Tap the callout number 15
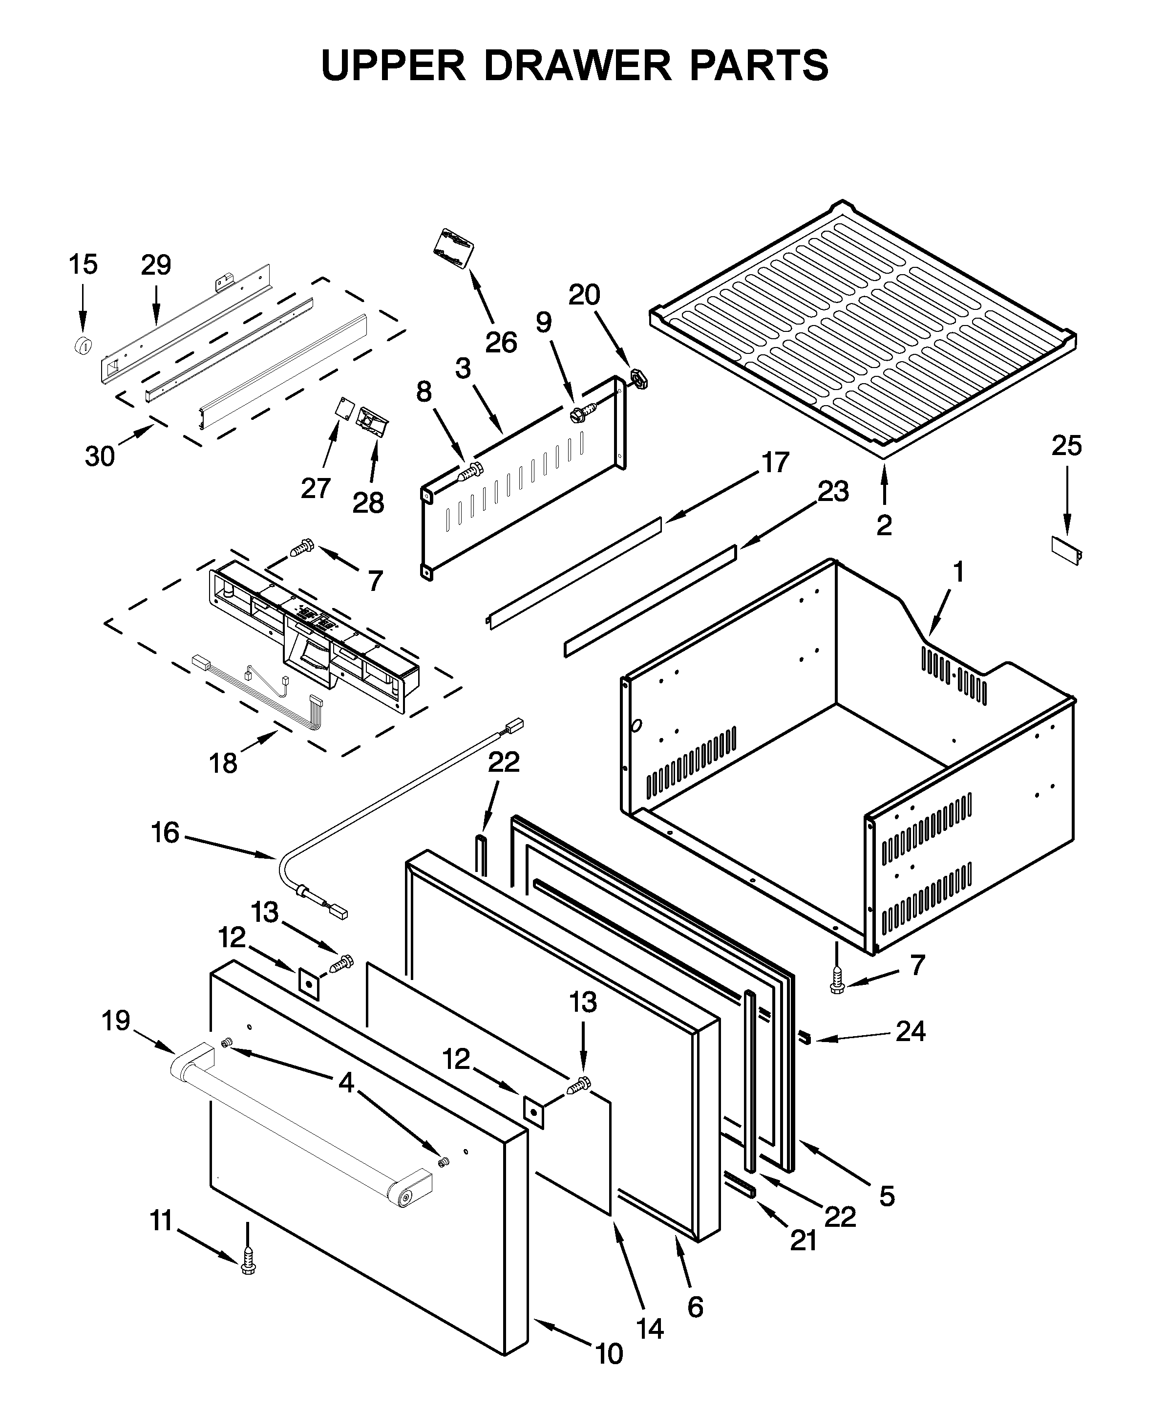click(x=83, y=265)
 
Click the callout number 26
click(x=501, y=343)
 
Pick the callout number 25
click(x=1067, y=446)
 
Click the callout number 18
click(x=223, y=763)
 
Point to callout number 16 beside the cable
click(x=165, y=833)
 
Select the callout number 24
click(x=911, y=1031)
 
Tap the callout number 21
click(x=803, y=1240)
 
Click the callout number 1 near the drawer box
click(x=958, y=572)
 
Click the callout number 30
click(x=100, y=457)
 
